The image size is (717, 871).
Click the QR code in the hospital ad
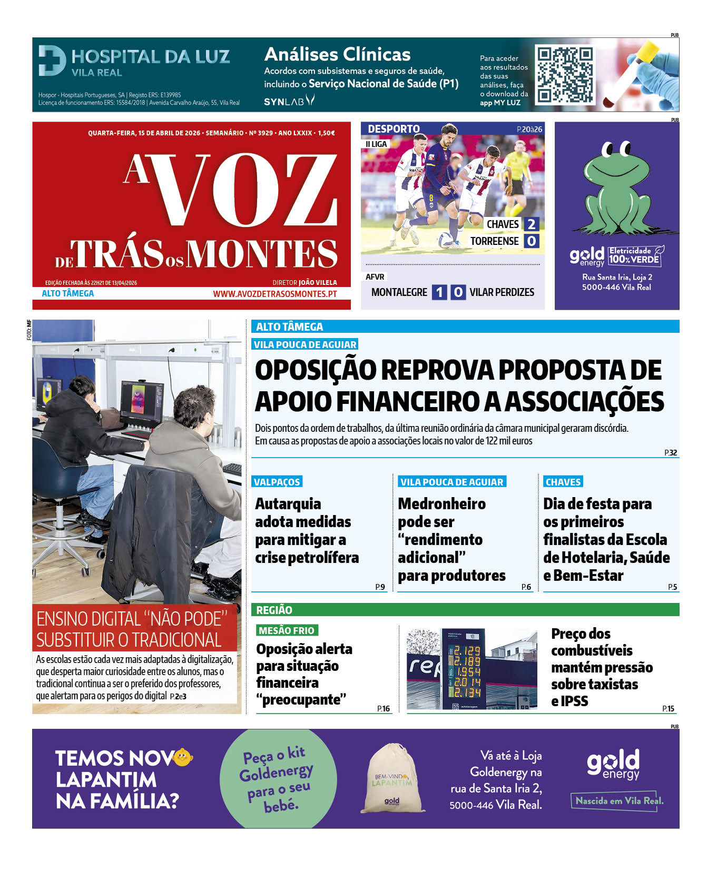pos(565,74)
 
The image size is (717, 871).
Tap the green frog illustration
pos(617,190)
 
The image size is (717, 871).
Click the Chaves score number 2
pos(531,224)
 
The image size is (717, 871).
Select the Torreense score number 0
pos(531,241)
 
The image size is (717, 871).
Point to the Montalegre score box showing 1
pos(439,292)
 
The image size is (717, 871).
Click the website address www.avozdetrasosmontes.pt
pos(274,294)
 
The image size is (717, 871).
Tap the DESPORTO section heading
pos(394,129)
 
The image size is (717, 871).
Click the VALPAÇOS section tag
pos(277,482)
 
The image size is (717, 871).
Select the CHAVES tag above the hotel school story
pos(563,482)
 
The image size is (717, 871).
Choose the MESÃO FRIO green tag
pos(286,630)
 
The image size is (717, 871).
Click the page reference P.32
pos(670,453)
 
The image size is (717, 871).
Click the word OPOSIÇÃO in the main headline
pos(315,370)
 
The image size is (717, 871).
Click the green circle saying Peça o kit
pos(277,778)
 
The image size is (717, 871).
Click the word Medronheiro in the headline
pos(441,504)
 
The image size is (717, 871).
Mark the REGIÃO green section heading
pos(274,610)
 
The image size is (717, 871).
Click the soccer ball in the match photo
pos(447,240)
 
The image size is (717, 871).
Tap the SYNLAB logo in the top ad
pos(289,101)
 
